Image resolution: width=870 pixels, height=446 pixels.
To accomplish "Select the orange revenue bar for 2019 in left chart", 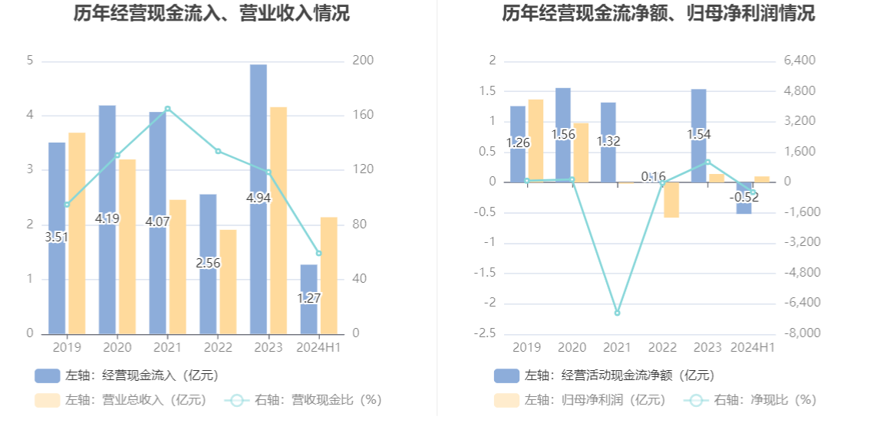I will tap(77, 233).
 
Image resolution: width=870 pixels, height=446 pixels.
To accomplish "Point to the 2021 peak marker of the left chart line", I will tap(168, 109).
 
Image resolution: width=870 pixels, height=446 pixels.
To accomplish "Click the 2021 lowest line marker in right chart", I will tap(617, 313).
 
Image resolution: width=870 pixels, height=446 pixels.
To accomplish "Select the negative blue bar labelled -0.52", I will tap(743, 203).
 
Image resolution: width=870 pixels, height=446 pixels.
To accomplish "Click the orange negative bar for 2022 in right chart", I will tap(671, 200).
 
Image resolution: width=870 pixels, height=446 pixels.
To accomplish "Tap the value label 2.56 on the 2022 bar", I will tap(208, 263).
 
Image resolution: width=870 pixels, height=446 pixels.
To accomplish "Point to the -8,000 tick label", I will tap(799, 333).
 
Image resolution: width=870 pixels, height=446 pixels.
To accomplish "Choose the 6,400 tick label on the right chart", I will tap(799, 61).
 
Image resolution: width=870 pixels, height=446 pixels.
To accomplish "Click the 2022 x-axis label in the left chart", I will tap(218, 348).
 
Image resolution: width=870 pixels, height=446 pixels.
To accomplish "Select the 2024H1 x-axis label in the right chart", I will tap(753, 348).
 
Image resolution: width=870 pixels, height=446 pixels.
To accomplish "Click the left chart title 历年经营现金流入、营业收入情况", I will tap(212, 13).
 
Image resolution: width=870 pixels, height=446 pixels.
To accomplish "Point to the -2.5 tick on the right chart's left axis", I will tap(488, 333).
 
